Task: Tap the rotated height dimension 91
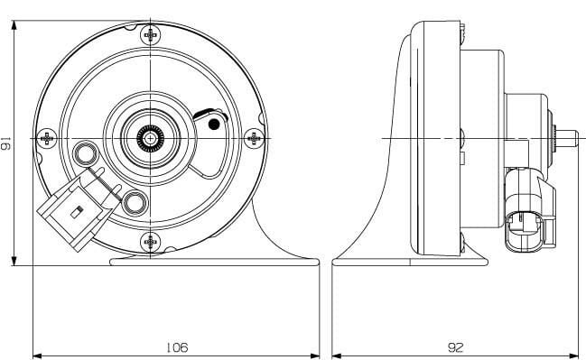[x=7, y=144]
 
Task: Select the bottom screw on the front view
[x=151, y=242]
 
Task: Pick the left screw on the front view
[x=46, y=137]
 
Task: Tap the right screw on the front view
[x=255, y=137]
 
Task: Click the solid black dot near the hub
[x=214, y=125]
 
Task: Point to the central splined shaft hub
[x=151, y=137]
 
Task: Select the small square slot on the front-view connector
[x=77, y=213]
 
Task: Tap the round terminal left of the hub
[x=88, y=152]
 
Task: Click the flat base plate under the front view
[x=214, y=263]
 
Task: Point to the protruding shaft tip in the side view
[x=567, y=137]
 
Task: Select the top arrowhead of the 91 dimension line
[x=15, y=26]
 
